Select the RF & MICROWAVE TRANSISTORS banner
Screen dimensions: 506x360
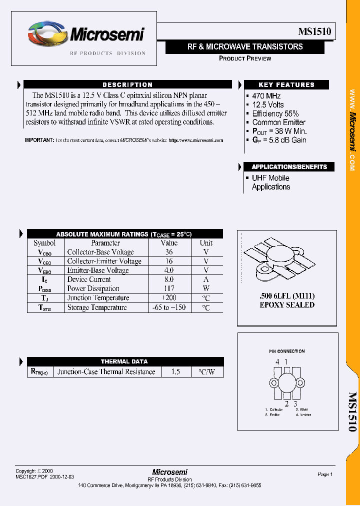pos(245,47)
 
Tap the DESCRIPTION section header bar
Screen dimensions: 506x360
pos(127,85)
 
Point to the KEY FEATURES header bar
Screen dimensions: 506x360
pos(286,85)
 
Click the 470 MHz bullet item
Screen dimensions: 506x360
pos(266,96)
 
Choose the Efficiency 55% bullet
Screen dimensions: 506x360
pos(275,113)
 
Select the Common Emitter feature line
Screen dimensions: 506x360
pos(278,122)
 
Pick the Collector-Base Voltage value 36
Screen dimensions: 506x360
pos(168,252)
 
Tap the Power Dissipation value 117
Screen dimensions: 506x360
pos(168,288)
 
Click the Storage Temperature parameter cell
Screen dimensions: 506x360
pos(97,307)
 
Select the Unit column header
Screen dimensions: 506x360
pos(206,243)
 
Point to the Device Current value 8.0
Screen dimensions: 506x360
pos(168,279)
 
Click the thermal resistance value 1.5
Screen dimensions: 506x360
pos(175,372)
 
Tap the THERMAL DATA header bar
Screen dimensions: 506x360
pos(124,361)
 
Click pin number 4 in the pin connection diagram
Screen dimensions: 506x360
pos(277,362)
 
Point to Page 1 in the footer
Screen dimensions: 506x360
pos(324,474)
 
